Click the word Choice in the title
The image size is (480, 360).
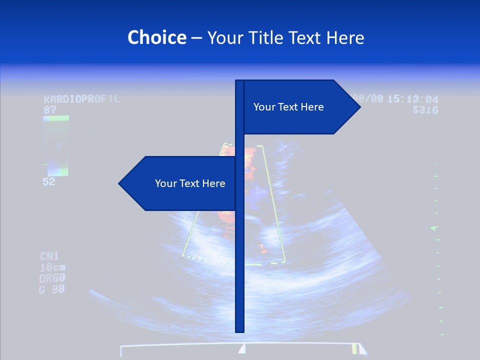point(156,38)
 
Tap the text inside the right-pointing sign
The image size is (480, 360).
point(288,107)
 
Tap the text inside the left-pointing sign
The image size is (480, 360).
point(190,183)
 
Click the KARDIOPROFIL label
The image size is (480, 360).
point(82,99)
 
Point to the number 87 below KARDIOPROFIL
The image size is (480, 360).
point(50,109)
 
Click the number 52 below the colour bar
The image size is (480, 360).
point(49,182)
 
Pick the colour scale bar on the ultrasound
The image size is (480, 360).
point(56,146)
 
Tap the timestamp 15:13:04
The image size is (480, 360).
point(413,99)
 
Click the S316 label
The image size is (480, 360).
point(425,110)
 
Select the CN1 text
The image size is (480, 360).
point(49,256)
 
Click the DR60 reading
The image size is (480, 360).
point(52,278)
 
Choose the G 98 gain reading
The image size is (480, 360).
point(52,289)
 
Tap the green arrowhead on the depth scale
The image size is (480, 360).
point(434,228)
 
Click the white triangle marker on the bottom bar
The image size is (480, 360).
point(242,348)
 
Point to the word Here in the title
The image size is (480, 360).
point(345,38)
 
